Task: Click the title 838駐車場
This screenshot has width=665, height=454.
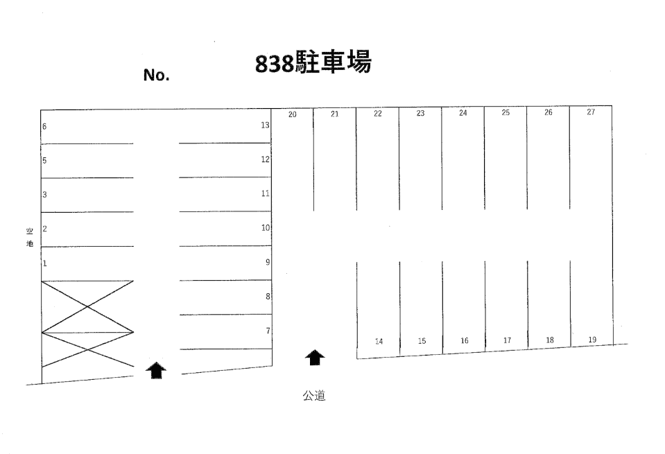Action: tap(313, 63)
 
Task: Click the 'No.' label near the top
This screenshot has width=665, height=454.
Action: tap(157, 76)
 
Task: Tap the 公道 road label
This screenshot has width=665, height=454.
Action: tap(314, 396)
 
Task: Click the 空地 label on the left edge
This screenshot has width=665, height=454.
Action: tap(30, 238)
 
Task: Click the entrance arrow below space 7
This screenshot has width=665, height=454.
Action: tap(156, 370)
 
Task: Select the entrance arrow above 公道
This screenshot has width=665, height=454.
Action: tap(315, 358)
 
